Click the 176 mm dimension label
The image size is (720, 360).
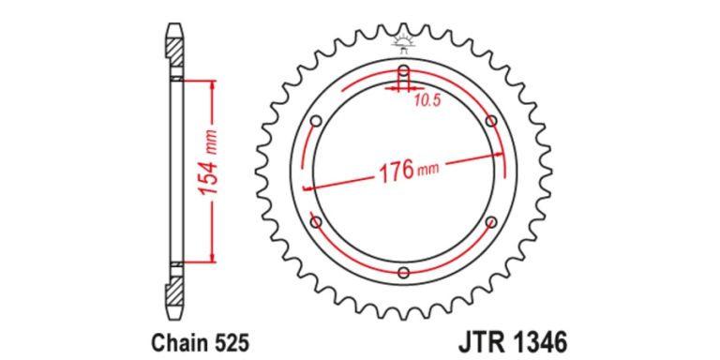pyautogui.click(x=408, y=172)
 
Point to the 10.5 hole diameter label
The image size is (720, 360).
pyautogui.click(x=427, y=100)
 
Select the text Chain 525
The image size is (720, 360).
pyautogui.click(x=201, y=342)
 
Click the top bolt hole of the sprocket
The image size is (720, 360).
pyautogui.click(x=404, y=71)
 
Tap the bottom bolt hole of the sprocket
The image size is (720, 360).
pyautogui.click(x=404, y=273)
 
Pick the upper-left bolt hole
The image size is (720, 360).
pyautogui.click(x=316, y=121)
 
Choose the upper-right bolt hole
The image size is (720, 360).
pyautogui.click(x=491, y=121)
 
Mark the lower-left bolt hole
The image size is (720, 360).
pyautogui.click(x=316, y=223)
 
